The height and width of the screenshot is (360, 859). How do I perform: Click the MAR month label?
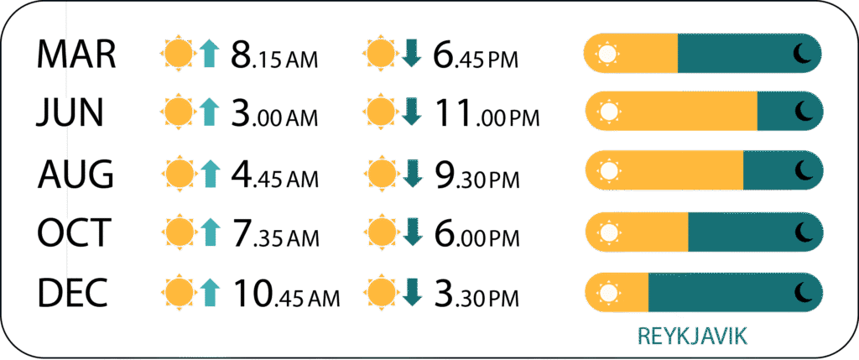click(76, 54)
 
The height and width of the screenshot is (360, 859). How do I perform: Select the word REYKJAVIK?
click(692, 337)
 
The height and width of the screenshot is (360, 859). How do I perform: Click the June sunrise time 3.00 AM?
click(274, 113)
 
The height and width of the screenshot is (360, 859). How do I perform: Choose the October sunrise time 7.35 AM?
click(274, 233)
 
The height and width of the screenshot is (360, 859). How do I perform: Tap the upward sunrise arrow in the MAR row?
click(209, 55)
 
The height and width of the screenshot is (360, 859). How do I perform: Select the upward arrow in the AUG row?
click(209, 174)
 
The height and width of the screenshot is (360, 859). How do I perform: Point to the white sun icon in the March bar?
click(607, 54)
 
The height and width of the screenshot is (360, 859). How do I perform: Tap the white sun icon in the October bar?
click(607, 232)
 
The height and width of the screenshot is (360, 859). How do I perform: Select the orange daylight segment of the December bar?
click(617, 292)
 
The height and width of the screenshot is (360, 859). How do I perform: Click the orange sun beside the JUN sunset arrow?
click(381, 113)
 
